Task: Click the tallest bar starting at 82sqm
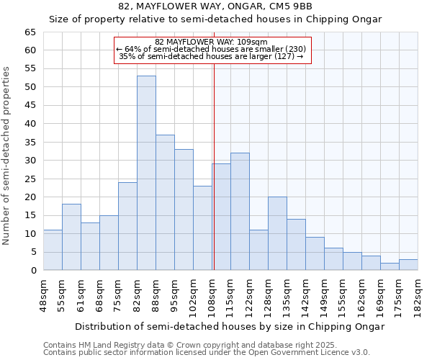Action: pyautogui.click(x=146, y=173)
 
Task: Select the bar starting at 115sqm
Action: pyautogui.click(x=240, y=212)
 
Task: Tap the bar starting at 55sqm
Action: pyautogui.click(x=71, y=237)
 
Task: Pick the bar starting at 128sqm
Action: pyautogui.click(x=277, y=233)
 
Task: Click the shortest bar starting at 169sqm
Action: pyautogui.click(x=390, y=266)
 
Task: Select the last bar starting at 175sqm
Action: pyautogui.click(x=408, y=264)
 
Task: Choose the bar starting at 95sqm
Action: pyautogui.click(x=184, y=210)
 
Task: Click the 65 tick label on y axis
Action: pyautogui.click(x=30, y=32)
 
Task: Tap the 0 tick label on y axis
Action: pyautogui.click(x=33, y=271)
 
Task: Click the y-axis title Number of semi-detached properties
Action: pyautogui.click(x=7, y=155)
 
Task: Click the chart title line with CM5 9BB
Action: pyautogui.click(x=215, y=6)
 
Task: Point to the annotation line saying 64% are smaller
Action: pyautogui.click(x=211, y=49)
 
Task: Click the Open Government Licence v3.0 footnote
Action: pyautogui.click(x=206, y=353)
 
